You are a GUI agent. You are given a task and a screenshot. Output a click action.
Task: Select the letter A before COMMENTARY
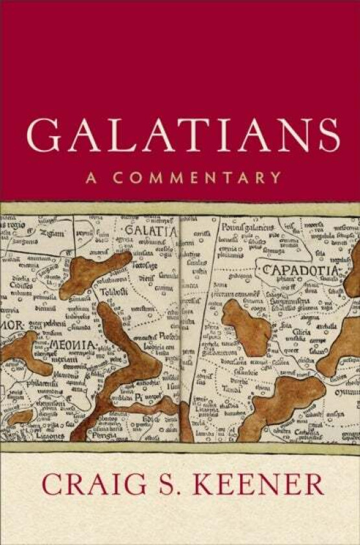[x=93, y=177]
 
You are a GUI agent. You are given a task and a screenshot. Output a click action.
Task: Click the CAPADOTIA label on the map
[x=300, y=270]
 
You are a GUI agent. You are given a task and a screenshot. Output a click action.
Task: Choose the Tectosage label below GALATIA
[x=145, y=265]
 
